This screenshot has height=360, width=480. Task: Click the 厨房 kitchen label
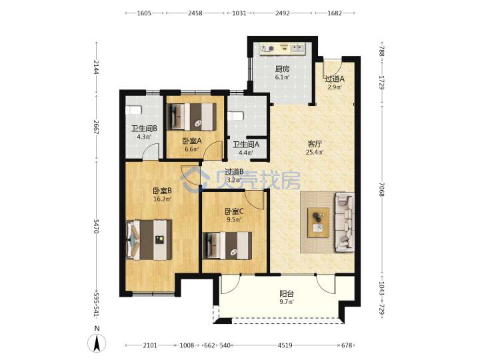point(282,69)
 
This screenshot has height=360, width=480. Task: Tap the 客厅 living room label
point(315,144)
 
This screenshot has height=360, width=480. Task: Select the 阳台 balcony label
point(287,294)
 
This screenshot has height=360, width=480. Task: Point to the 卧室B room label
point(162,191)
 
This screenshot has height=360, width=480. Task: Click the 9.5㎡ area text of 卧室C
point(234,219)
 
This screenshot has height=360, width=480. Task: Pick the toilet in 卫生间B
point(133,110)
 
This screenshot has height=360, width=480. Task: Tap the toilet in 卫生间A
point(235,116)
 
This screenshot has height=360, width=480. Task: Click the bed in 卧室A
point(191,117)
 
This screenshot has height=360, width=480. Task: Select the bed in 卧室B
point(149,240)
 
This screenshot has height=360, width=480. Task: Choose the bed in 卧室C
point(227,245)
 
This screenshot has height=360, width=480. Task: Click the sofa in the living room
point(345,222)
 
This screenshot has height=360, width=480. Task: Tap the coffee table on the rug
point(319,223)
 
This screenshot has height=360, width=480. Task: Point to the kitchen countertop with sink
point(282,49)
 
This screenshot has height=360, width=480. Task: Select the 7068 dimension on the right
point(381,189)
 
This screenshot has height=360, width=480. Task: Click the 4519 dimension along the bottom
point(285,345)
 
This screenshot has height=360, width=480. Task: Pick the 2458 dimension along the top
point(195,13)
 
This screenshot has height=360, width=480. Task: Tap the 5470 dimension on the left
point(96,226)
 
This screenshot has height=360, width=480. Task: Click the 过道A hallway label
point(335,79)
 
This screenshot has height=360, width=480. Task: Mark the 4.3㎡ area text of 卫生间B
point(144,137)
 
